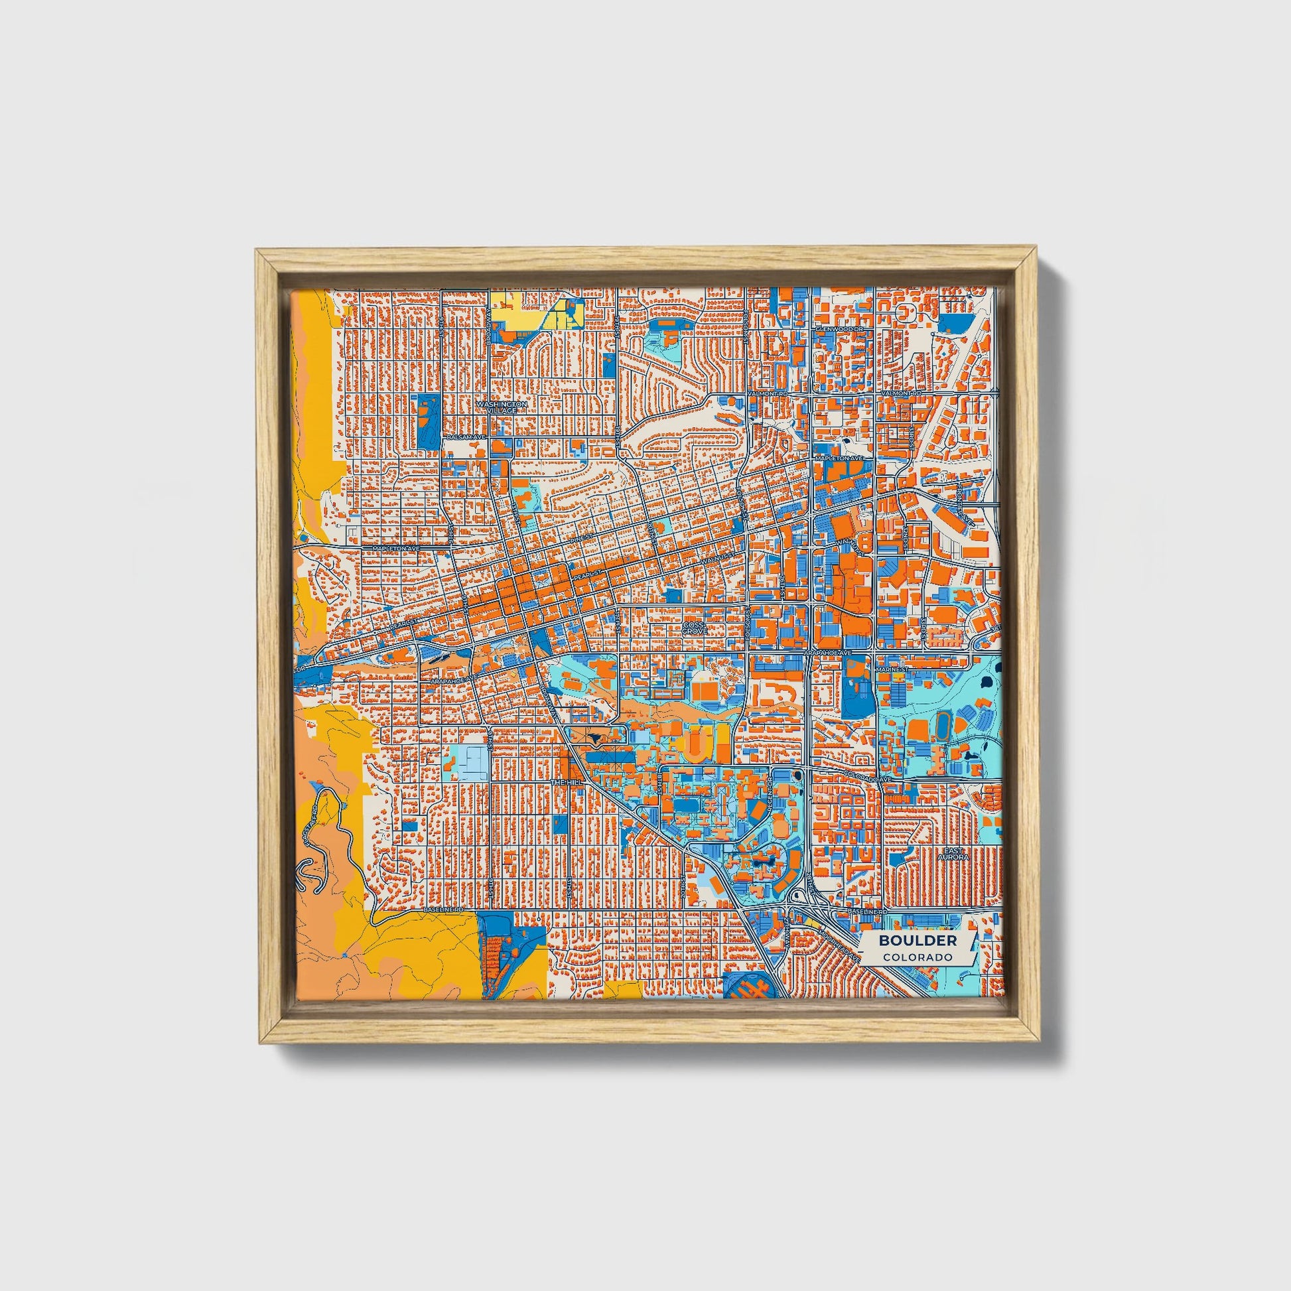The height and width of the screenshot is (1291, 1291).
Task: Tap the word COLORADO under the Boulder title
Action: [917, 957]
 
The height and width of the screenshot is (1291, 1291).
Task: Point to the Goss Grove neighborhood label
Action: [694, 628]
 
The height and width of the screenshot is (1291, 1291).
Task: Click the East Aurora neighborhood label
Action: [952, 854]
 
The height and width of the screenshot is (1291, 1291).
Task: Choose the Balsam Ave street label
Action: [468, 437]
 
